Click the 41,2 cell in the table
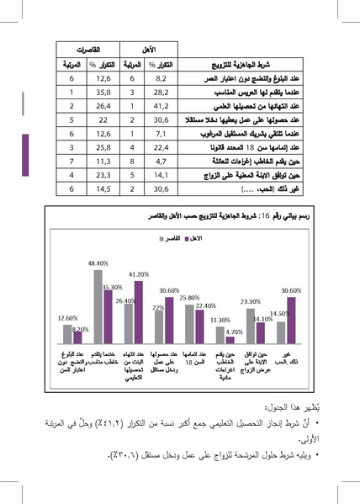coord(163,107)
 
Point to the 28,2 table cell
coord(163,93)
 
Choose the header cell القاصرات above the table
coord(88,50)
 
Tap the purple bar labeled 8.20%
coord(76,341)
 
